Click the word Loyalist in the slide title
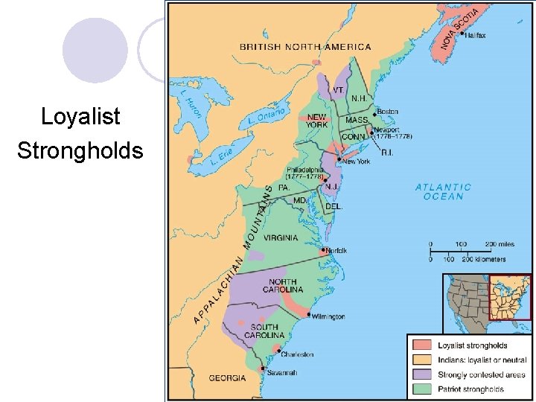pos(80,117)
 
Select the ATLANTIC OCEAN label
pos(443,192)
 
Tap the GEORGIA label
pos(227,378)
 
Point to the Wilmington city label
pos(328,316)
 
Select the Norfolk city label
pos(337,251)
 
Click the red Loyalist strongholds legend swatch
pos(423,345)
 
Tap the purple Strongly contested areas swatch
pos(423,374)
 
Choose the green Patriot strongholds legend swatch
pos(423,389)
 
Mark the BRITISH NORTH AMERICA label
pos(304,47)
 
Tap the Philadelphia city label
pos(304,170)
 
